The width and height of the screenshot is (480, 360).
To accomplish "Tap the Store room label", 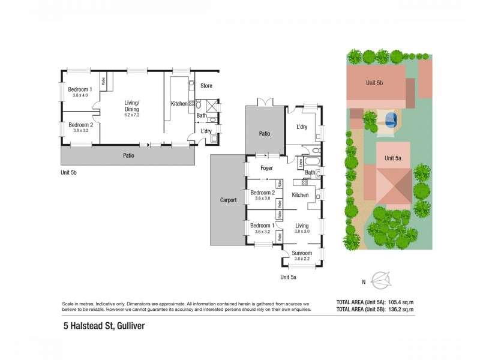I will point(206,86).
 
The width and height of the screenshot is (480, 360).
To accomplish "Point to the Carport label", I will point(228,200).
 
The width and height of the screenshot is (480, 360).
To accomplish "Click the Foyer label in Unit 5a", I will point(266,168).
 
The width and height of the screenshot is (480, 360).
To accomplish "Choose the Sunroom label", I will point(302,253).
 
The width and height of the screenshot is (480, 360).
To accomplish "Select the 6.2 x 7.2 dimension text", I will point(131,115).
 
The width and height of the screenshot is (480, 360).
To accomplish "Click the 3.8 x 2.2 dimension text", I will point(302,259).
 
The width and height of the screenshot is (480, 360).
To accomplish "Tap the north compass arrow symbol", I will point(382,280).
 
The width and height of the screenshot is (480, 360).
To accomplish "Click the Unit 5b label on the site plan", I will point(376,82).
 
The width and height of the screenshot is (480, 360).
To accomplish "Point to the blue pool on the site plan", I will point(391,119).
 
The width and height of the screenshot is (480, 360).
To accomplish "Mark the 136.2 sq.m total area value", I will point(398,310).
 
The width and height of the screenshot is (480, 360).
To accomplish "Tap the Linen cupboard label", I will point(301,163).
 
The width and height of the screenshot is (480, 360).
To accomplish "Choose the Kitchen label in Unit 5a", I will point(300,195).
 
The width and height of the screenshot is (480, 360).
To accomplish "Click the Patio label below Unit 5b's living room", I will point(128,155).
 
